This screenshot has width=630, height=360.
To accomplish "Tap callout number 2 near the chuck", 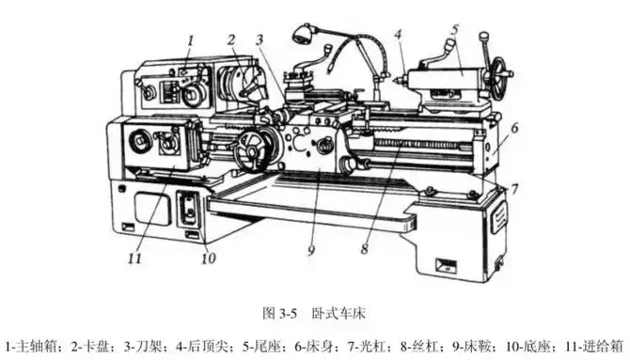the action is click(230, 39).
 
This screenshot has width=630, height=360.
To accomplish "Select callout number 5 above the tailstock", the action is click(454, 29).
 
